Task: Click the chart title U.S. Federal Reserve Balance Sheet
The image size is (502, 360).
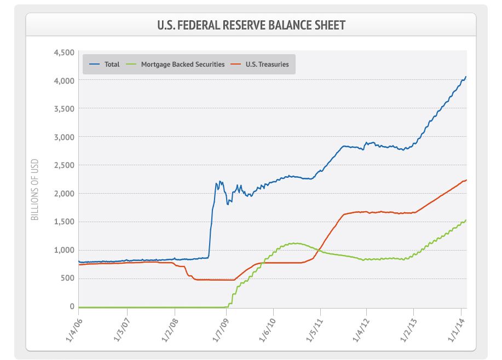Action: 251,25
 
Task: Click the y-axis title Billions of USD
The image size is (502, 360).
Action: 34,190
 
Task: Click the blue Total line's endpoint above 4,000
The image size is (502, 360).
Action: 465,77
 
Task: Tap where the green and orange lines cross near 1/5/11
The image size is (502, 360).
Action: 320,251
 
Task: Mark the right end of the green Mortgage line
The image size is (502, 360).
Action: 466,220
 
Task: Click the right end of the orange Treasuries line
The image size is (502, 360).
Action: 466,180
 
